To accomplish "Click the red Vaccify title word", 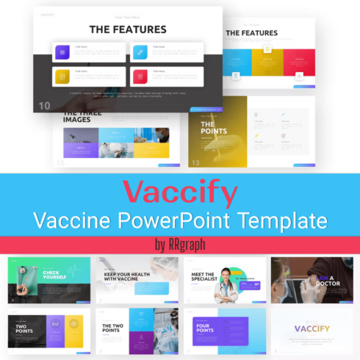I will pos(180,192).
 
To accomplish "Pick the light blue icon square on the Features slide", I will pos(140,51).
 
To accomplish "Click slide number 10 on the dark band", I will pos(44,106).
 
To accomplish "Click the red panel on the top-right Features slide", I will pos(299,63).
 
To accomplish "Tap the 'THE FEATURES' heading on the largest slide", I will pos(127,29).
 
